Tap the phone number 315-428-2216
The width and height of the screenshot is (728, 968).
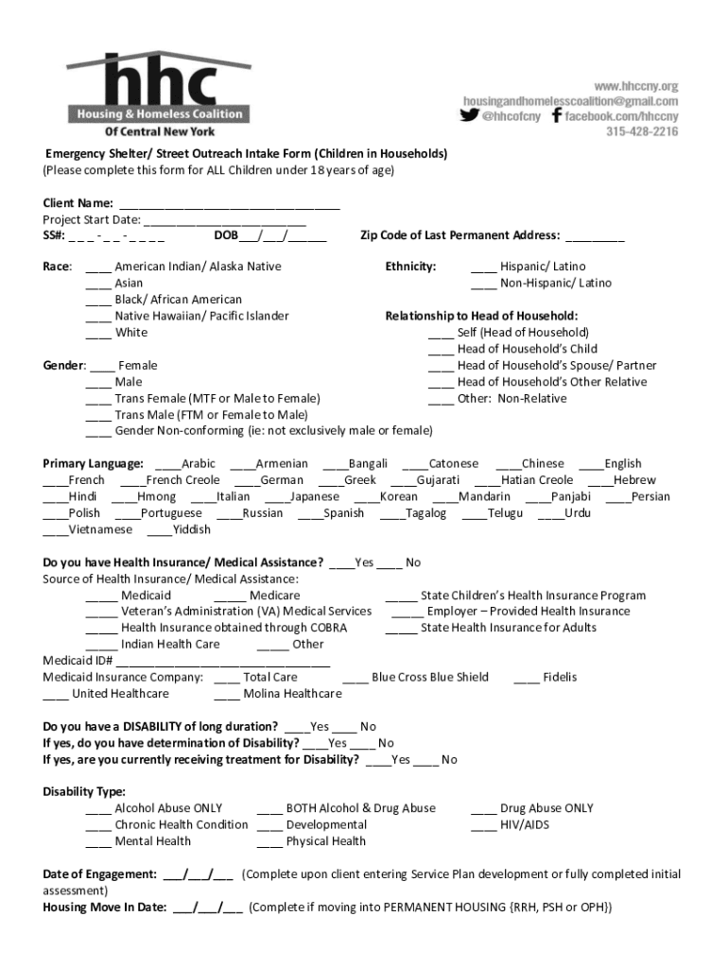(642, 132)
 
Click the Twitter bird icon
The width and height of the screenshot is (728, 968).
(470, 116)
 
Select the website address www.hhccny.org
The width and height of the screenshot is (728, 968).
(635, 86)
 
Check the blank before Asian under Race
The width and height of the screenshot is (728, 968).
(98, 284)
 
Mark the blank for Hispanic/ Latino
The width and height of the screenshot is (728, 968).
(483, 268)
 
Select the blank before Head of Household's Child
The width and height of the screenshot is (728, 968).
(441, 350)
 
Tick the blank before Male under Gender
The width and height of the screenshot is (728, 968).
(98, 383)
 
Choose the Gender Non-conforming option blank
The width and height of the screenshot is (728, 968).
(98, 432)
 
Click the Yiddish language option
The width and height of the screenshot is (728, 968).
(160, 530)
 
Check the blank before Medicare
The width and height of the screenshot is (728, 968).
(230, 596)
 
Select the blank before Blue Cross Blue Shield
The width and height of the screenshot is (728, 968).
(355, 678)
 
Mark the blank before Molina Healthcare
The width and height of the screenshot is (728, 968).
(227, 695)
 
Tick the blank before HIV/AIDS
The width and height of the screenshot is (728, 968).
(484, 826)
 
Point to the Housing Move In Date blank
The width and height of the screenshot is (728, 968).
(207, 908)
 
